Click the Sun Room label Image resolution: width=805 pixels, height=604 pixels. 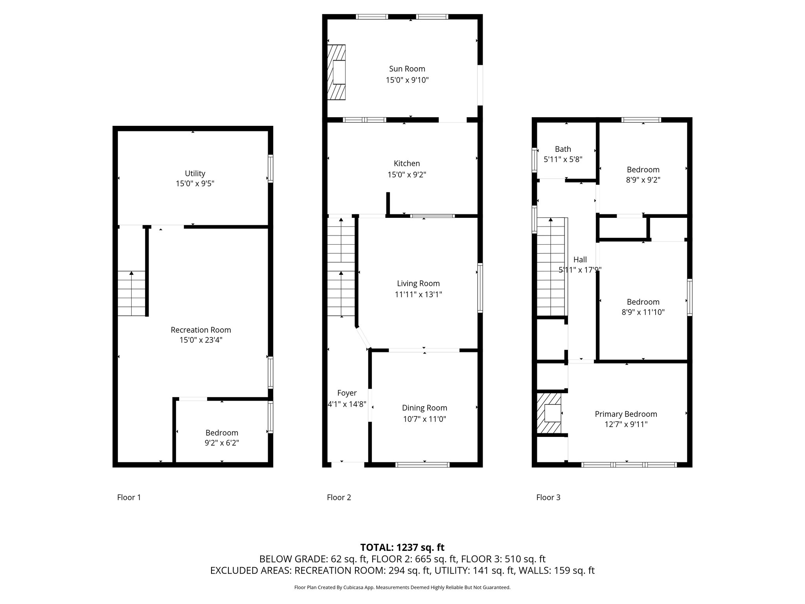(407, 69)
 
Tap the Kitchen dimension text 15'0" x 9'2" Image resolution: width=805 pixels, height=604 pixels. (407, 175)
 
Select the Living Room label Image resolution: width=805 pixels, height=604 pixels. (418, 284)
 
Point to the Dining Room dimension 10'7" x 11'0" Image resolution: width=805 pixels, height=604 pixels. (425, 419)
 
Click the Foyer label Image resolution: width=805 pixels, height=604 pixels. (347, 393)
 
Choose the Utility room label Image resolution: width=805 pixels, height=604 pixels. (195, 173)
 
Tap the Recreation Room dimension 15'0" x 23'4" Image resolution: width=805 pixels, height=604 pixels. (201, 340)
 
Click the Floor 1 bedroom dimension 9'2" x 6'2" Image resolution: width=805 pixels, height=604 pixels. (222, 443)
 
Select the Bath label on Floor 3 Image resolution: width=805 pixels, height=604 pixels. (563, 149)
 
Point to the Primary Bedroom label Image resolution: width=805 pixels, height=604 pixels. (626, 414)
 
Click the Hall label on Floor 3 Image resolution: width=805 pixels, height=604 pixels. (580, 260)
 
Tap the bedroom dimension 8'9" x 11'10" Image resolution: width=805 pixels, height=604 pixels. (643, 312)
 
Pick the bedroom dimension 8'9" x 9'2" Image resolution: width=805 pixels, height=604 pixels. (643, 180)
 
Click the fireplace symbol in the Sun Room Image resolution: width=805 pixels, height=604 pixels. (337, 72)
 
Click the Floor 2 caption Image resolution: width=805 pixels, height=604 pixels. (339, 497)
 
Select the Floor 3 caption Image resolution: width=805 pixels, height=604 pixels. (548, 497)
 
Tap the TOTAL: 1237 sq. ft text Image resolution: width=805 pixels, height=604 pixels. (402, 547)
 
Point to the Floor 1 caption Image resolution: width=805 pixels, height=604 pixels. (129, 497)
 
